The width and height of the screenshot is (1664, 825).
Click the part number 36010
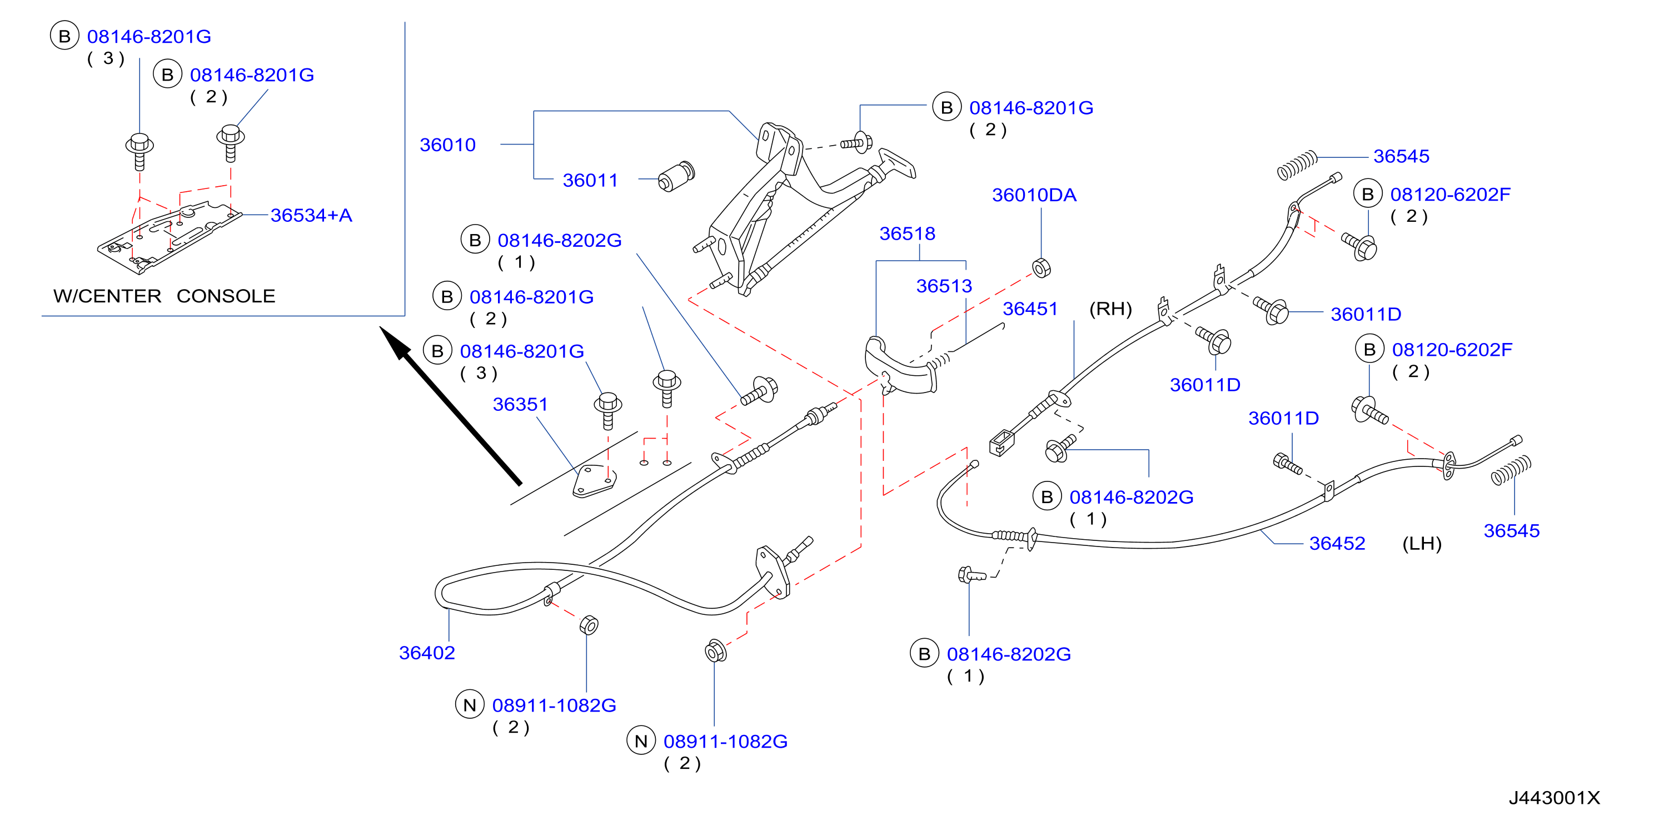[x=447, y=145]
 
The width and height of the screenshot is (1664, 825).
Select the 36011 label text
[x=590, y=180]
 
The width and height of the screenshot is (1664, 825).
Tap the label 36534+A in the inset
[x=311, y=215]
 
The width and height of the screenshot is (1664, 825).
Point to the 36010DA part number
[x=1034, y=195]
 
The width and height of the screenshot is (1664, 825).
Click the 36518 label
[x=908, y=233]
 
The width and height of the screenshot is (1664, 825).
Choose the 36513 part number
[x=944, y=286]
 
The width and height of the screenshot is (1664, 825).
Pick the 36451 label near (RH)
[x=1030, y=309]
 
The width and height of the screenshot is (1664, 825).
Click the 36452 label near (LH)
[x=1337, y=543]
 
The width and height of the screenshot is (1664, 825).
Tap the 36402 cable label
[x=427, y=653]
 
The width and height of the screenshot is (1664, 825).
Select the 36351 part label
[x=521, y=404]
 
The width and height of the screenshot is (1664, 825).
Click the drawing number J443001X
[x=1554, y=798]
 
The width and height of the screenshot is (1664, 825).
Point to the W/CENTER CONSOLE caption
[x=164, y=296]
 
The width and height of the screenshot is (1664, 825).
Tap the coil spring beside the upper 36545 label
[x=1297, y=165]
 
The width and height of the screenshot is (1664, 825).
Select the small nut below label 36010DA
[x=1042, y=267]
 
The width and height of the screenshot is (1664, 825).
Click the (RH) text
[x=1111, y=309]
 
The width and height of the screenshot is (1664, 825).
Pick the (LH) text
[x=1422, y=544]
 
